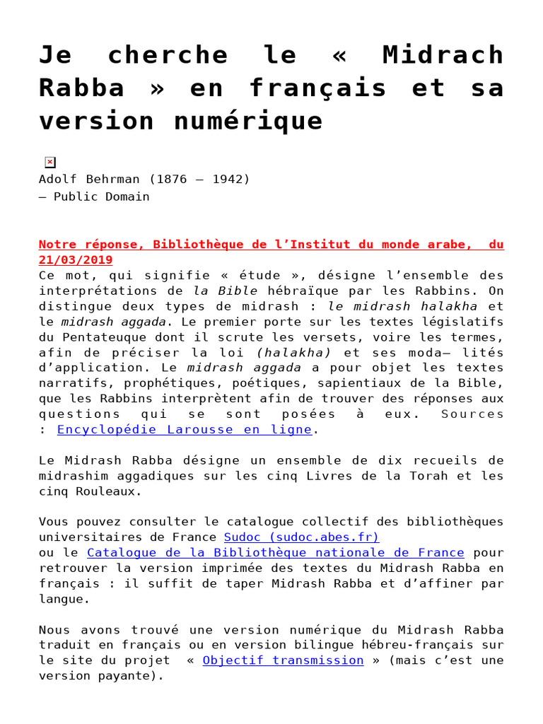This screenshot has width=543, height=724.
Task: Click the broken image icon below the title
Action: [x=49, y=162]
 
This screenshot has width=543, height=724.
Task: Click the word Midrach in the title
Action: [x=443, y=55]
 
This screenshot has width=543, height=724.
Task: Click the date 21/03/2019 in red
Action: [x=76, y=259]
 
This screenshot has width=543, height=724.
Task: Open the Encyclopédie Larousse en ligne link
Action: [x=184, y=429]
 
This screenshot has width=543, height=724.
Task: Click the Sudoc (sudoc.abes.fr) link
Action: [x=301, y=537]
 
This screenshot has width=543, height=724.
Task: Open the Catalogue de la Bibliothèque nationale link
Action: [x=275, y=552]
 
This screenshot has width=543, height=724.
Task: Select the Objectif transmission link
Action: [x=283, y=660]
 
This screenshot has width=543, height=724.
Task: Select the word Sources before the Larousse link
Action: [x=472, y=414]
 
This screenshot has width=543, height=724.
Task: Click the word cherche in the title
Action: [x=169, y=55]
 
